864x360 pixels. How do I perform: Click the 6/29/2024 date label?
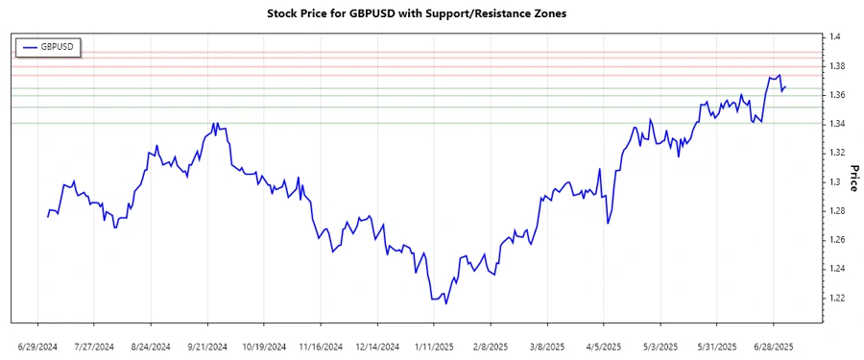36,346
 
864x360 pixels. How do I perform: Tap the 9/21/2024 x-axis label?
206,346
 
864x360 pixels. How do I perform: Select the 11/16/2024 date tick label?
320,346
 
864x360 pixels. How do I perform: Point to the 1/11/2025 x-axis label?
433,346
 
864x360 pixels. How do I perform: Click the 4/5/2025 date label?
603,346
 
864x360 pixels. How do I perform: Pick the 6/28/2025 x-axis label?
774,346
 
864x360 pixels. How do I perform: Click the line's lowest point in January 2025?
445,304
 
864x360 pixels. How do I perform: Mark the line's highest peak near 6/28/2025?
780,75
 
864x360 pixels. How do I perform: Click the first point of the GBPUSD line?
47,217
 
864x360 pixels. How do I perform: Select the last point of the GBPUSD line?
786,87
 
